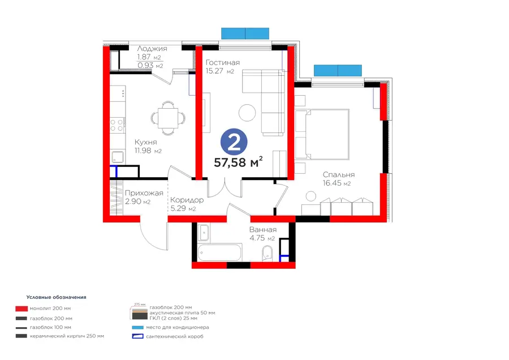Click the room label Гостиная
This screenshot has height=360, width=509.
tap(223, 62)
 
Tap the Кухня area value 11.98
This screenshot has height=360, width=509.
tap(144, 151)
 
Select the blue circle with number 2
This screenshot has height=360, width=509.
tap(234, 143)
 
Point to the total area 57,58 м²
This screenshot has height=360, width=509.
tap(238, 162)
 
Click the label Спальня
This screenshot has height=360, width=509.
tap(339, 175)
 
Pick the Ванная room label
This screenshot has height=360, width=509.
tap(263, 230)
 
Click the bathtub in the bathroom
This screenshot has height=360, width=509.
tap(219, 252)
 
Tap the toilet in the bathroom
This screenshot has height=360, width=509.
tap(267, 253)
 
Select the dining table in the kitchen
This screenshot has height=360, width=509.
tap(168, 118)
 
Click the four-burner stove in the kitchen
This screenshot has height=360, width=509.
tap(117, 125)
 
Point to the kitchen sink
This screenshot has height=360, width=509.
tap(118, 157)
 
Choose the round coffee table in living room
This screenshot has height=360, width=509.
tap(247, 113)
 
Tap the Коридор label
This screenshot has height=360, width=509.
tap(187, 200)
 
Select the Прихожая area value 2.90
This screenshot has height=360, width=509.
tap(133, 202)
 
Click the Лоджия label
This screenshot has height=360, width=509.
tap(152, 49)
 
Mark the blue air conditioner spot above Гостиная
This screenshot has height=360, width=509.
tap(245, 33)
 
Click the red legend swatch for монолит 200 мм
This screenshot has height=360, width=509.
tap(21, 308)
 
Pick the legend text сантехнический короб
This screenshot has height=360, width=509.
tap(175, 336)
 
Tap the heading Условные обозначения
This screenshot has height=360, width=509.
tap(56, 297)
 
